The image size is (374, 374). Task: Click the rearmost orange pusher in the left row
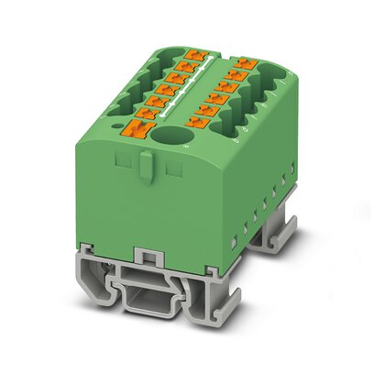pos(192,57)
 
